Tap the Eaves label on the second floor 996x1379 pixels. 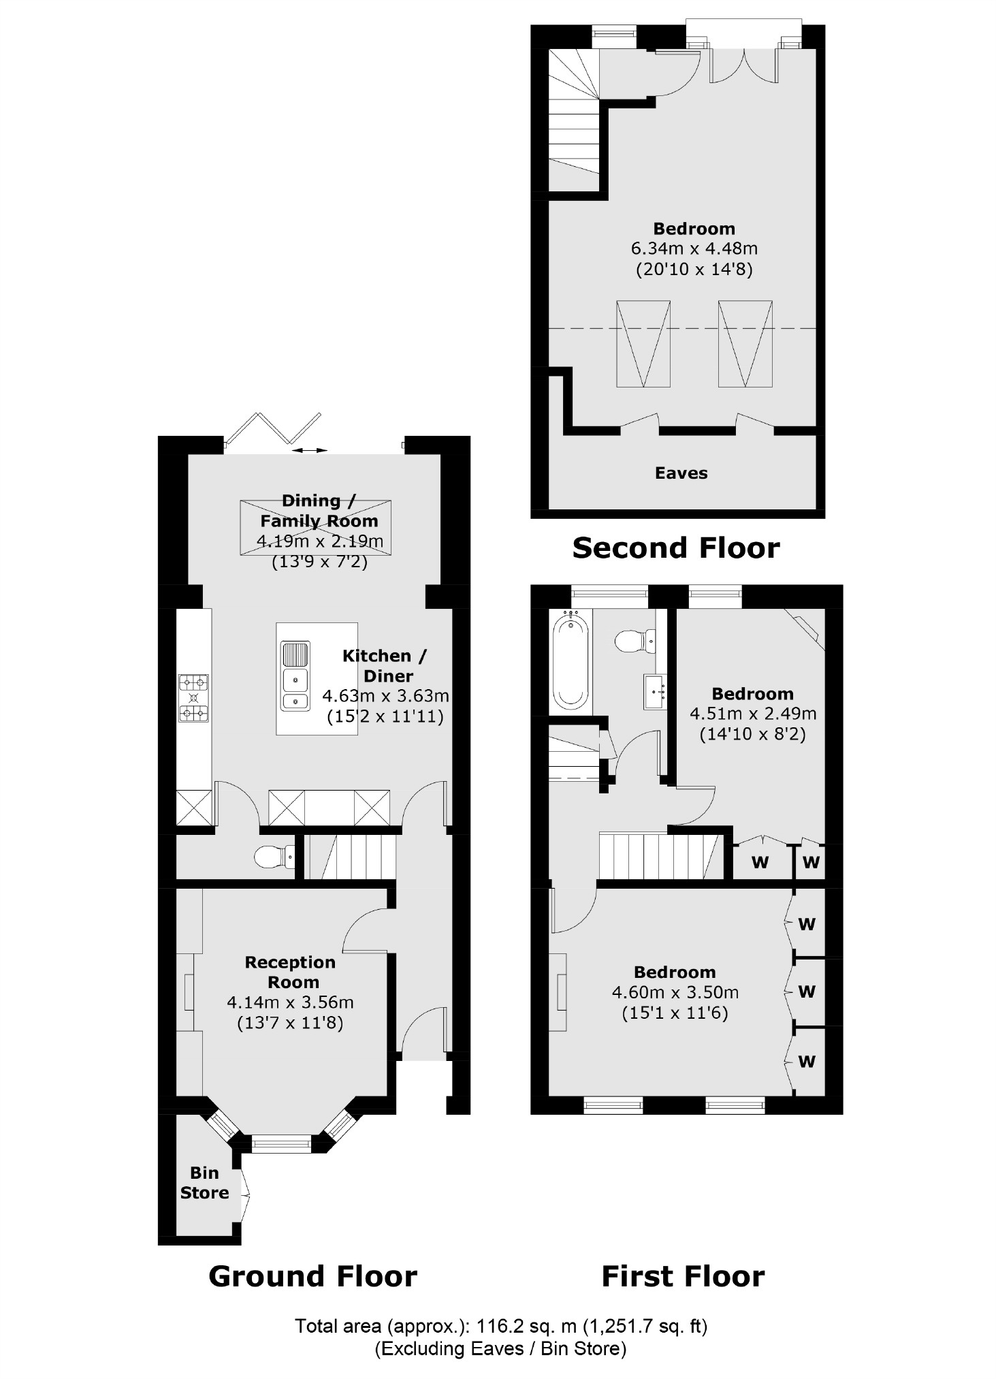(681, 473)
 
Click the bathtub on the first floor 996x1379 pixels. (571, 661)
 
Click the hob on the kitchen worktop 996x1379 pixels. (194, 697)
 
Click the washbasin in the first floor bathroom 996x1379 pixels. (656, 692)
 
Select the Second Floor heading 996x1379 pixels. (675, 548)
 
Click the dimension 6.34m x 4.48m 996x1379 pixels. (694, 249)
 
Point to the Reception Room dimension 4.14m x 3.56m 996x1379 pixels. (290, 1002)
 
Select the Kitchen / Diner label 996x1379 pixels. (385, 665)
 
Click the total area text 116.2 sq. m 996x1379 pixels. (500, 1326)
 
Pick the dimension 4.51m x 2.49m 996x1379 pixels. (753, 714)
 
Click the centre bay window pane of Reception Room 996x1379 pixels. (281, 1143)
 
